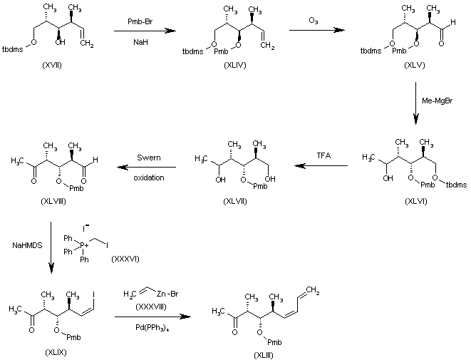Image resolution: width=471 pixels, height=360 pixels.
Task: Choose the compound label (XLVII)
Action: pyautogui.click(x=232, y=202)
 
